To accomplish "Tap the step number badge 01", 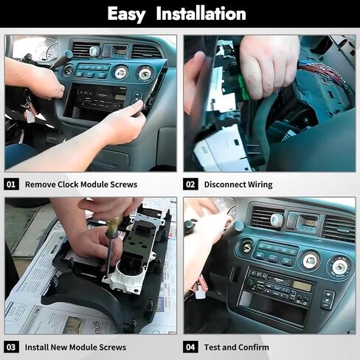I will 12,184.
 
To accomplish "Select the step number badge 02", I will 190,184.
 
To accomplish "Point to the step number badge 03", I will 12,347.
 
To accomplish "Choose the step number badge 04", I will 190,347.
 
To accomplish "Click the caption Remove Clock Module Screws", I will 81,184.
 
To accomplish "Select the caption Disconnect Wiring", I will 238,184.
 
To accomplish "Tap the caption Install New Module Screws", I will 75,347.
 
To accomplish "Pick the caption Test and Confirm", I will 237,347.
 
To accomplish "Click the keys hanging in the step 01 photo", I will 29,111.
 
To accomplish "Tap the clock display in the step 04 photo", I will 307,221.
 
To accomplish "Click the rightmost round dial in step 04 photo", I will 339,266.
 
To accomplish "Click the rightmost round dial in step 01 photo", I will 145,72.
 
